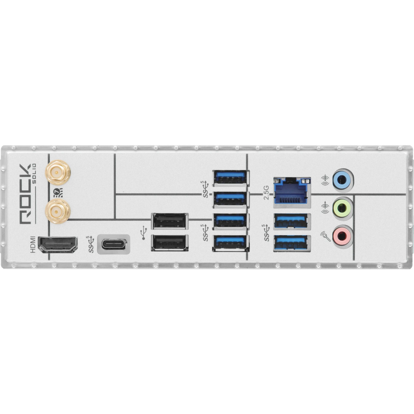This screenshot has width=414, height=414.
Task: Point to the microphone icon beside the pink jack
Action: coord(325,236)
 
